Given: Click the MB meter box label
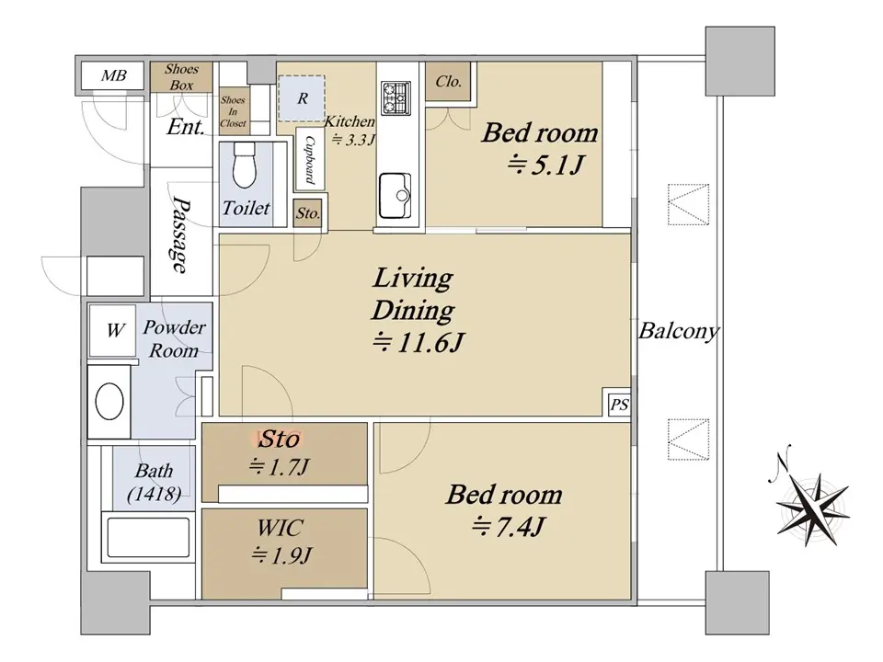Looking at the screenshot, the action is click(114, 75).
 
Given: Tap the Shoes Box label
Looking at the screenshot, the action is click(181, 77).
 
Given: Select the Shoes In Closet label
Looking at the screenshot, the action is click(233, 111).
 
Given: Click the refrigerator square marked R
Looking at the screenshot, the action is click(302, 98).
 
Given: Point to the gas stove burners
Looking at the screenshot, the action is click(396, 97).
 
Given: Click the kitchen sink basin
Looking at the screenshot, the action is click(396, 195).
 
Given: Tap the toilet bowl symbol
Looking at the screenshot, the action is click(245, 165).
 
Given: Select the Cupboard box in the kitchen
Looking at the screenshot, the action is click(310, 159).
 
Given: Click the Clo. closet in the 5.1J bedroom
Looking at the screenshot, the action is click(448, 82).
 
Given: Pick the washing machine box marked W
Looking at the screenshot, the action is click(112, 330).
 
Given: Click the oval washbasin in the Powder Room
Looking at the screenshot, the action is click(109, 402).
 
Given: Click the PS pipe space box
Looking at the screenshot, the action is click(619, 405).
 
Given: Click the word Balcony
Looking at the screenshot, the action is click(679, 331).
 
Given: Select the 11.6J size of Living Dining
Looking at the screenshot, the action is click(418, 343).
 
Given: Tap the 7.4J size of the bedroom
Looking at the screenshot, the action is click(508, 528).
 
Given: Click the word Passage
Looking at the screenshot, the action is click(181, 234).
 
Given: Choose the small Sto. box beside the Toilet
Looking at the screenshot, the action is click(307, 213).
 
